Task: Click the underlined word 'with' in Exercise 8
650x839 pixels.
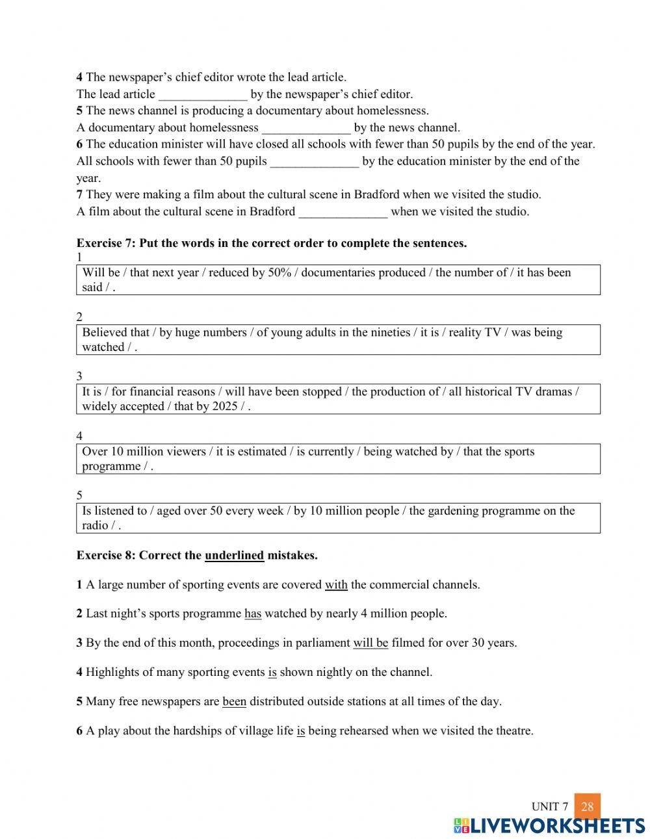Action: tap(336, 585)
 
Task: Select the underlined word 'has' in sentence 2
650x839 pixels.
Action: tap(253, 614)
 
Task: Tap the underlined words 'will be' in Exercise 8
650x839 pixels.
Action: tap(370, 643)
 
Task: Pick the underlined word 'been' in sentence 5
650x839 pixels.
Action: tap(234, 702)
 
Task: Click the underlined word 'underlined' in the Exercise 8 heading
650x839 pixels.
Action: tap(234, 556)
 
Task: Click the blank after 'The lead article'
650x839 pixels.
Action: tap(203, 95)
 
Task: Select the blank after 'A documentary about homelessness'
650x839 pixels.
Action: tap(306, 128)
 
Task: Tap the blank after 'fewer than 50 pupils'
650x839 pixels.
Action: tap(315, 162)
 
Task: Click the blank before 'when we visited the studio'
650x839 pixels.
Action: tap(343, 212)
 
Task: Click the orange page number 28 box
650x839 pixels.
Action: tap(588, 807)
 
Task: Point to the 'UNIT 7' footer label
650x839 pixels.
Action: tap(550, 807)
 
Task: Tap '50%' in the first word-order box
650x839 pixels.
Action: tap(279, 273)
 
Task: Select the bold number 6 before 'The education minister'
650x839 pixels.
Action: tap(79, 144)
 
